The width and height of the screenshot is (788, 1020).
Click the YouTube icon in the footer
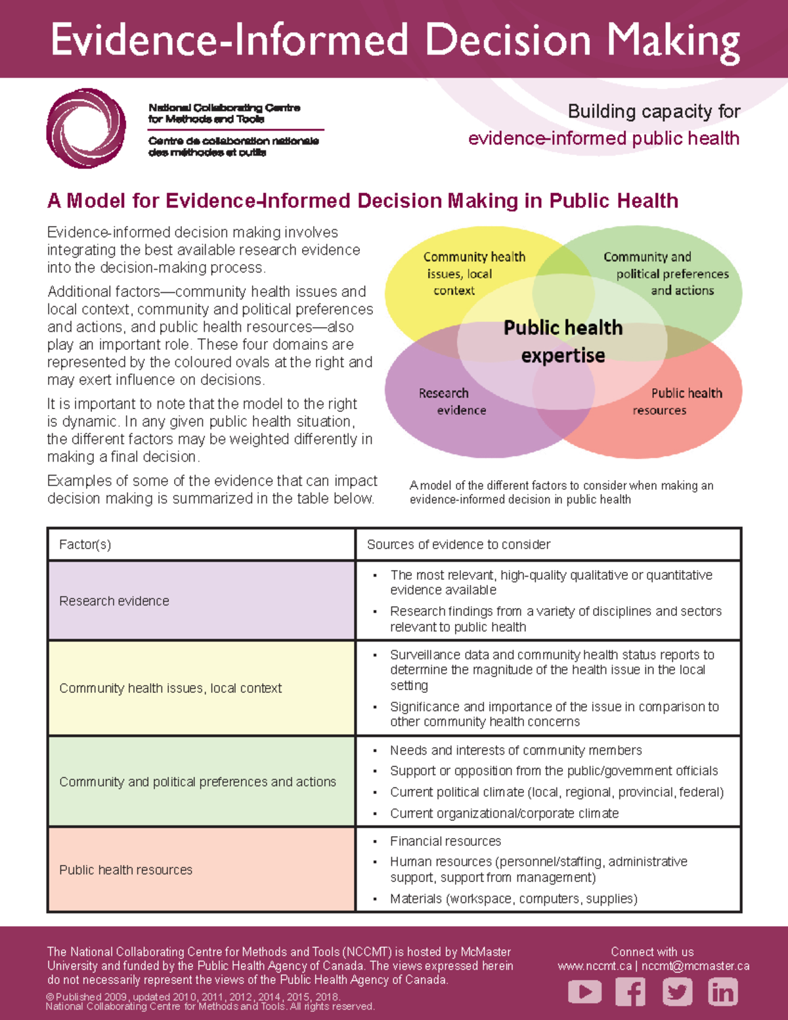click(x=584, y=991)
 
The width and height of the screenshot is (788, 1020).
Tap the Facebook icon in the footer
click(x=630, y=991)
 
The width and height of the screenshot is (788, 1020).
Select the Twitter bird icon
click(x=677, y=991)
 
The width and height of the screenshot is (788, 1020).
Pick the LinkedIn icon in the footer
click(x=723, y=991)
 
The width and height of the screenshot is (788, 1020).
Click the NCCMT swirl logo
click(x=86, y=129)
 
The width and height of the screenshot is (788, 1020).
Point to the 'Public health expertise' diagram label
click(x=563, y=341)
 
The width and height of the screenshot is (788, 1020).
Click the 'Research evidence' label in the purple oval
click(x=452, y=401)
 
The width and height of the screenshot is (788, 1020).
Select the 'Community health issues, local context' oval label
click(x=473, y=273)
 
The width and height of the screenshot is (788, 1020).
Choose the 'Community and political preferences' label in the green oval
click(x=666, y=273)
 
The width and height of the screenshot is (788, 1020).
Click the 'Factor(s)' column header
click(x=85, y=544)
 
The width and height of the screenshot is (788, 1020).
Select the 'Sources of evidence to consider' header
click(x=458, y=544)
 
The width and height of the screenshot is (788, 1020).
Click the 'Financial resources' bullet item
click(x=445, y=841)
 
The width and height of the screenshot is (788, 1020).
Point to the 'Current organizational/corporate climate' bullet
click(x=504, y=813)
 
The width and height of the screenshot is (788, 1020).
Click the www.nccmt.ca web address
click(x=594, y=966)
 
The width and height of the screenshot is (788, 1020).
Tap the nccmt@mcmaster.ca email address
click(x=695, y=966)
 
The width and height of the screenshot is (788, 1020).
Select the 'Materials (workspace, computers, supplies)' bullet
click(x=514, y=898)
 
